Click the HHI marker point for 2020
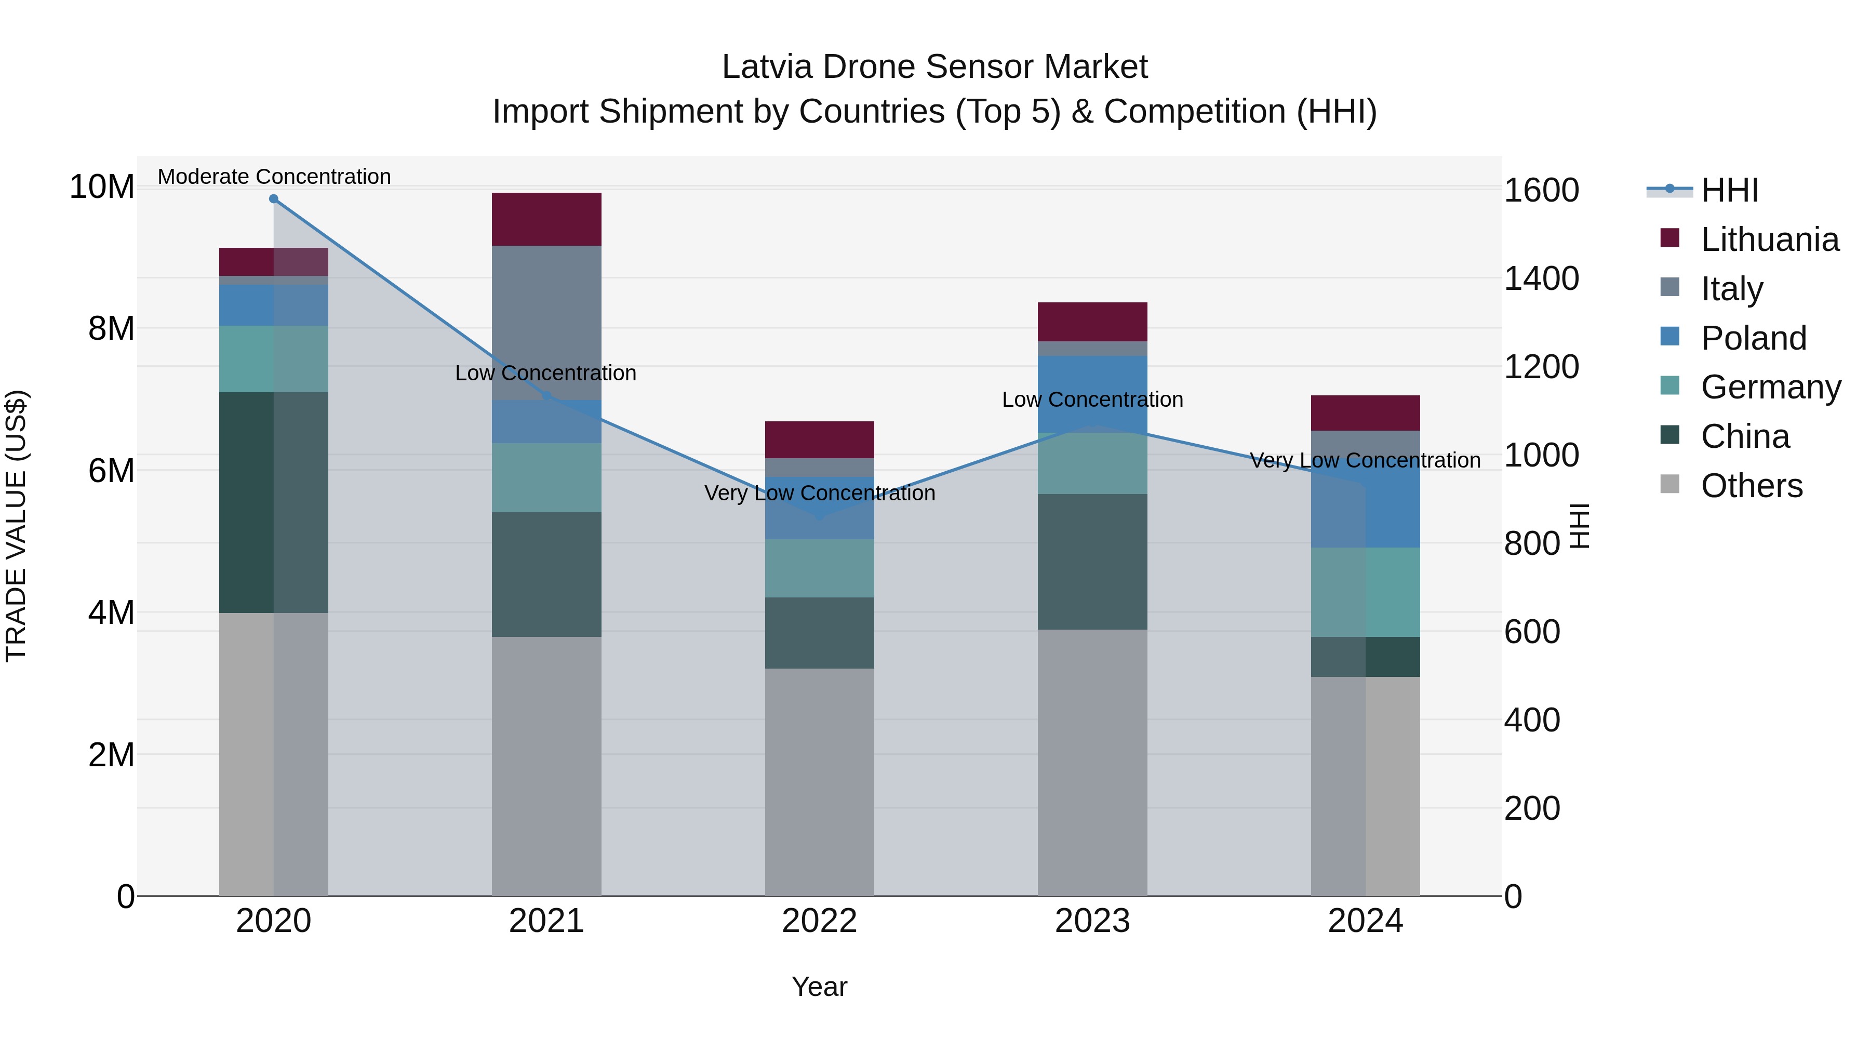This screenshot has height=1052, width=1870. tap(274, 199)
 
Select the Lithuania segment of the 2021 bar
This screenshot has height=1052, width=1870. tap(546, 219)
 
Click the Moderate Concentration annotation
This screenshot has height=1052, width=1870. tap(274, 177)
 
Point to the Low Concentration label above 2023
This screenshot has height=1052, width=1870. tap(1092, 400)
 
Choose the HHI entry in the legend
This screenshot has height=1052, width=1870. tap(1729, 190)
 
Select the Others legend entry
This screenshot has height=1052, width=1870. tap(1751, 486)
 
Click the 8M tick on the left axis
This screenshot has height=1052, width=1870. tap(110, 329)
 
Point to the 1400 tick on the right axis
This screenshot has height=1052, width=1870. tap(1541, 279)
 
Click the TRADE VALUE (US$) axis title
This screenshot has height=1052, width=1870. tap(16, 526)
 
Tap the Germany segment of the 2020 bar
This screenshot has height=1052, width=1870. tap(274, 358)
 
